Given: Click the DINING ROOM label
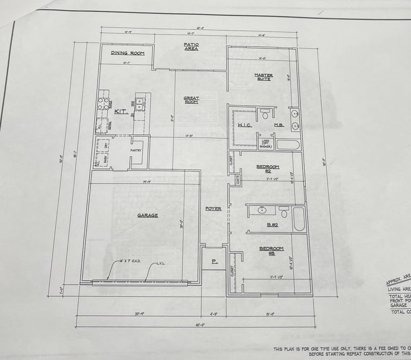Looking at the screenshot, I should tap(128, 53).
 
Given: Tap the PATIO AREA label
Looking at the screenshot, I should tap(191, 47).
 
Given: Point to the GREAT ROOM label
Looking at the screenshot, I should tap(191, 100).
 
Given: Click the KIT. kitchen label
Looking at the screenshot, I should tap(120, 111).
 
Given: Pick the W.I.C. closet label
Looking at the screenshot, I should tap(244, 125).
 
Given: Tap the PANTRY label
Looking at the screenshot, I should tap(136, 150).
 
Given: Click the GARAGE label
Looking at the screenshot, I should tap(147, 215).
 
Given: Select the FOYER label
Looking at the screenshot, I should tap(213, 209).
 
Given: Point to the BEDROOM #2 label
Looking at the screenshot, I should tap(268, 168).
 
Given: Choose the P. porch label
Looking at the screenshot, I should tap(213, 261).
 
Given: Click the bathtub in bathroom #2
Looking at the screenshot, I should tap(299, 218).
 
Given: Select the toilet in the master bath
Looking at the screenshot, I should tap(265, 112).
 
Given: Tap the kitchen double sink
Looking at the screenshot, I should tap(139, 104).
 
